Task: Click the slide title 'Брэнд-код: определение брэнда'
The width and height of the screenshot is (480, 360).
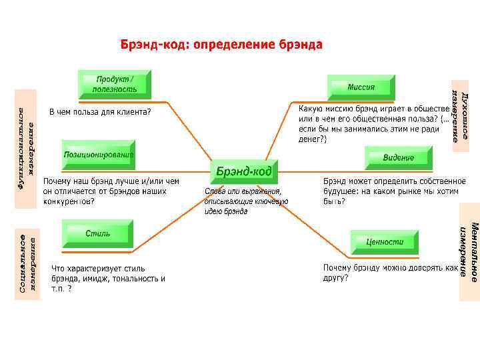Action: (221, 45)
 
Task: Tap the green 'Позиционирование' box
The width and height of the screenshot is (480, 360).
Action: (99, 155)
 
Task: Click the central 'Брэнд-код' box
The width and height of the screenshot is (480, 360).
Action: (244, 172)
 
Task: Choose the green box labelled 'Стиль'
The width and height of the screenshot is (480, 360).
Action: (98, 235)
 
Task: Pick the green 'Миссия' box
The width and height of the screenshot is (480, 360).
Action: (361, 87)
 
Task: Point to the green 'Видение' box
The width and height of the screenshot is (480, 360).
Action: (399, 158)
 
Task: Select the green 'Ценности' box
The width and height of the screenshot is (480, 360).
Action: (385, 242)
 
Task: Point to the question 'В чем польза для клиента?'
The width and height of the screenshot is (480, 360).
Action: (101, 111)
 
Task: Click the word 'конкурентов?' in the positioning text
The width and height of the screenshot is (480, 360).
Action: (68, 201)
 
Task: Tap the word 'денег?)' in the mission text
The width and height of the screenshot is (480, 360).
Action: (313, 139)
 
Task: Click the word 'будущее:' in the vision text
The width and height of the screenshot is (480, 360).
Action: (341, 191)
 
